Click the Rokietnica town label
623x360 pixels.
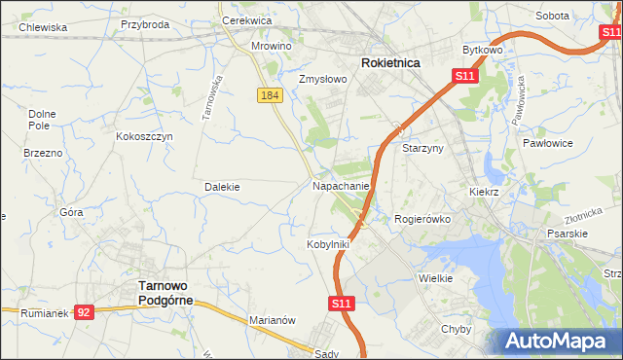tap(390, 62)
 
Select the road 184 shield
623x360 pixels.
tap(271, 94)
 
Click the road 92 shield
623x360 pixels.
tap(85, 312)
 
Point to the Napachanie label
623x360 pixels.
tap(341, 185)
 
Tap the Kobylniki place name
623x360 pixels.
tap(328, 244)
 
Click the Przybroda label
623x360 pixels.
tap(144, 24)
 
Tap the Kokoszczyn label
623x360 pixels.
tap(144, 136)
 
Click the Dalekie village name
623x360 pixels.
tap(222, 186)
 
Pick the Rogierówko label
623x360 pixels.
tap(422, 219)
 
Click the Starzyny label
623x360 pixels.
tap(423, 148)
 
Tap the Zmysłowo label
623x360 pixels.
tap(323, 79)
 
